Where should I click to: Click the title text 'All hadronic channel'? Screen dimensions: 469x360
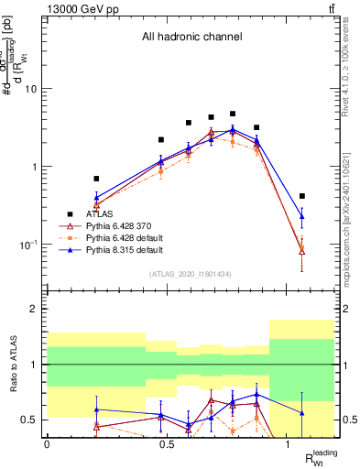pos(191,38)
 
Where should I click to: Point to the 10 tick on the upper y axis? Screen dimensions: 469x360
pos(30,89)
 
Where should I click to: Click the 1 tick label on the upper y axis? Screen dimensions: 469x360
pos(34,167)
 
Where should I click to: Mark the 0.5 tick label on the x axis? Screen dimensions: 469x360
pos(168,444)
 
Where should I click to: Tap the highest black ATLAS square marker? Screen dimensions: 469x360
pos(233,114)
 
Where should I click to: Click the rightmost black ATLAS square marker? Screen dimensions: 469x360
pos(302,196)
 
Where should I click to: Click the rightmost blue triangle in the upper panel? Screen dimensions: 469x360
pos(302,216)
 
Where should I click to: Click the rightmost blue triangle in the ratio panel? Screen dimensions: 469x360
pos(302,413)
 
